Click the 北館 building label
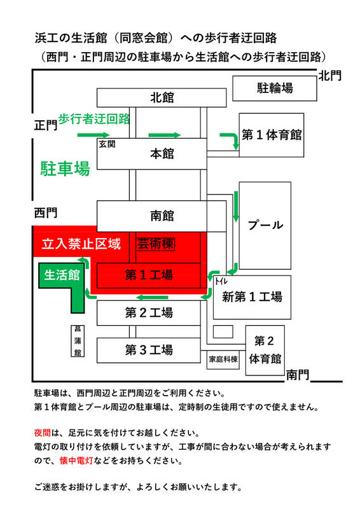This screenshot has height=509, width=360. [x=162, y=97]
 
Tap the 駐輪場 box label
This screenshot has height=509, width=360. [x=275, y=88]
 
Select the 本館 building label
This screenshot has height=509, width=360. [x=162, y=153]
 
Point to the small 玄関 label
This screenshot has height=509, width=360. [x=107, y=144]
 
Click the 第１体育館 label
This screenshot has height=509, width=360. [x=272, y=135]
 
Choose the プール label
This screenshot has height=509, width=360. [x=265, y=225]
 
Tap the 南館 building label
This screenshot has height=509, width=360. [x=162, y=216]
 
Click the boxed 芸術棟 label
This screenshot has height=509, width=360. [x=155, y=244]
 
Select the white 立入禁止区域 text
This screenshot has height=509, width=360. [x=81, y=244]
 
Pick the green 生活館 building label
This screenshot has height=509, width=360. [x=62, y=275]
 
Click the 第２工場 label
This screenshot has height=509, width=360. [x=149, y=312]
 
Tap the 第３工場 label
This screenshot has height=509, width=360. [x=149, y=350]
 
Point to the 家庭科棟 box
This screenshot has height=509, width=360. [x=223, y=359]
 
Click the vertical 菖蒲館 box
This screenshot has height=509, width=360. [x=78, y=341]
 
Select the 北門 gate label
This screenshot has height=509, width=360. [x=330, y=76]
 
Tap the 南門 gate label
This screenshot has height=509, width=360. [x=298, y=375]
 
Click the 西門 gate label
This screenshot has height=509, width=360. [x=46, y=213]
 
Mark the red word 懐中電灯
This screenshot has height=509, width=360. [x=76, y=460]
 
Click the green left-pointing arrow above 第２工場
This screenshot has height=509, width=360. [x=152, y=297]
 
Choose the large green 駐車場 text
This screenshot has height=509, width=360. [x=66, y=169]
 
